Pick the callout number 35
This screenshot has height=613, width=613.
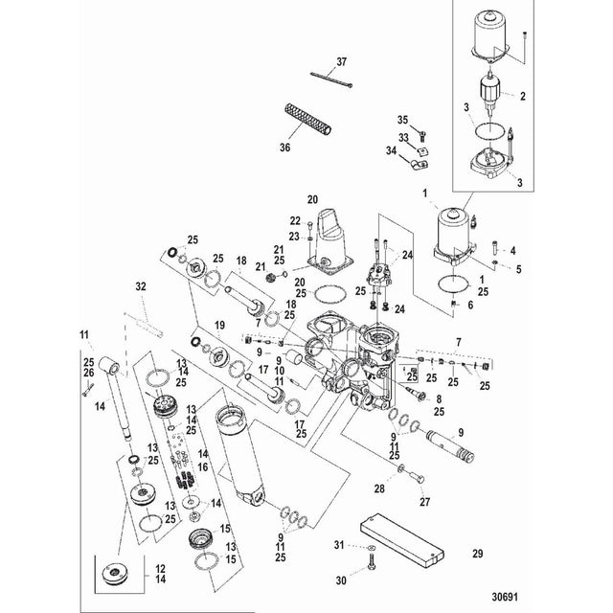[403, 119]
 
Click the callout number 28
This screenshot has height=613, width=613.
[379, 489]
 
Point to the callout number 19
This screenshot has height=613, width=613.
[220, 327]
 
